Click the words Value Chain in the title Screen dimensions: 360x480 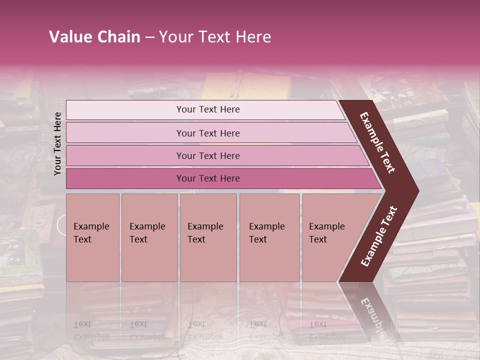(94, 37)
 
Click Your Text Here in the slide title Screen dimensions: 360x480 (215, 37)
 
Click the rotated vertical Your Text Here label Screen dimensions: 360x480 (58, 143)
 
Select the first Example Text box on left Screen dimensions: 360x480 (92, 237)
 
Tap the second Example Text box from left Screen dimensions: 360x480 (149, 237)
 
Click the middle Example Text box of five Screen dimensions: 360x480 (208, 237)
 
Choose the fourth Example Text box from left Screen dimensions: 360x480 (269, 237)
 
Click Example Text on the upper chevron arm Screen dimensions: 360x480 (377, 142)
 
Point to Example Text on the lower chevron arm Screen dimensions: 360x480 (379, 236)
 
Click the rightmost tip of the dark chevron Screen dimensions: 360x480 (417, 191)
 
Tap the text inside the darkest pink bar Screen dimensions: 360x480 (208, 178)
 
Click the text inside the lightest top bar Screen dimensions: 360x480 (208, 109)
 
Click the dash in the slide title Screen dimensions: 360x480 (149, 37)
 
